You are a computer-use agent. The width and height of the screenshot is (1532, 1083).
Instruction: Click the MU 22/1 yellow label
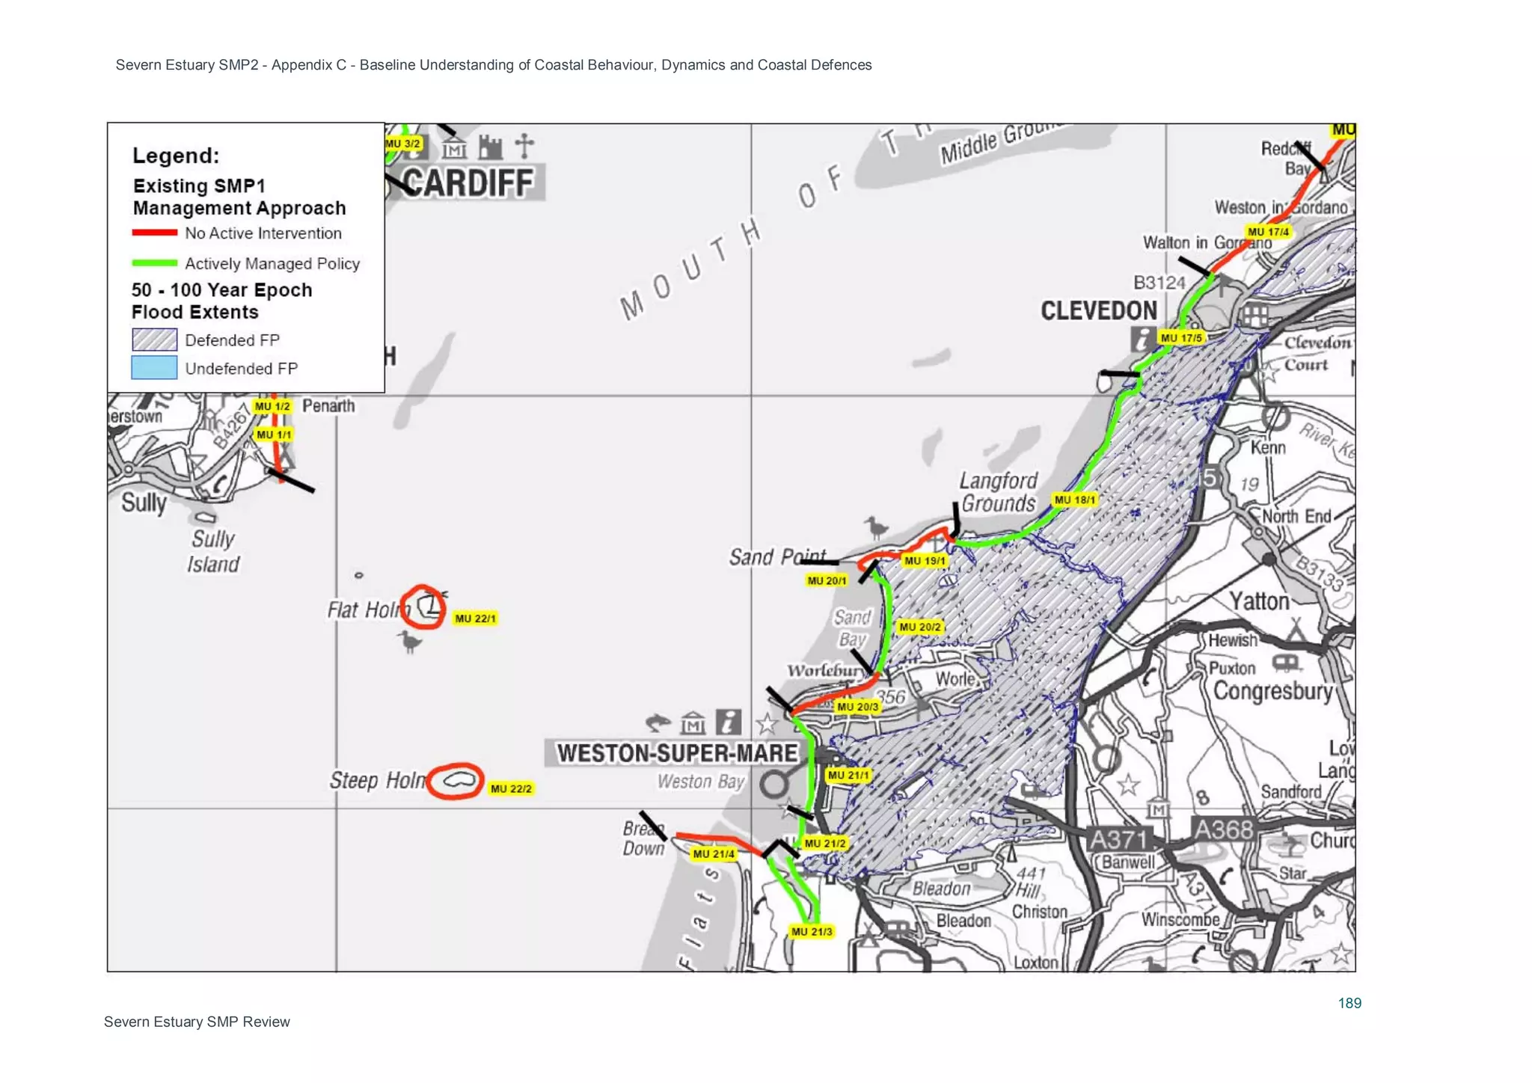point(475,619)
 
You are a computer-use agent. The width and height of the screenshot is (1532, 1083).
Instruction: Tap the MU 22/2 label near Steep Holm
point(511,788)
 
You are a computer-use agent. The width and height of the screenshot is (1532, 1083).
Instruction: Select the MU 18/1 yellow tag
point(1074,500)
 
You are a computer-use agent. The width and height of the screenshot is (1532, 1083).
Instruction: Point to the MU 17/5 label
point(1181,338)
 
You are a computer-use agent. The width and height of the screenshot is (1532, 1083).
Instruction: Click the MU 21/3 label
point(812,932)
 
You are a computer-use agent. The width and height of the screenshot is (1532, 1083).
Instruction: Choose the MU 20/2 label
point(920,627)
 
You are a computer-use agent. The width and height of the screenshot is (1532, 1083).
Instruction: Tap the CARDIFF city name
point(469,183)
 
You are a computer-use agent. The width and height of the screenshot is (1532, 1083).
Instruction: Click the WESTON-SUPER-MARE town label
point(677,753)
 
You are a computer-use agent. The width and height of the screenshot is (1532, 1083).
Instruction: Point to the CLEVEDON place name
point(1099,310)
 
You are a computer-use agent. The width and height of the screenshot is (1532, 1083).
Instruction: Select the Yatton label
point(1260,601)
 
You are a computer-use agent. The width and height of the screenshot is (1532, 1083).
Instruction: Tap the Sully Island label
point(213,551)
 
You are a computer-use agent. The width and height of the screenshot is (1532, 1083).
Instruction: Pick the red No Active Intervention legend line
point(154,233)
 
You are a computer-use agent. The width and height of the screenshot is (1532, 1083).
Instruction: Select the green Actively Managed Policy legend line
point(154,263)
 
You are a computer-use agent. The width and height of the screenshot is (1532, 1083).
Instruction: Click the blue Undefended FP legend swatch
point(154,368)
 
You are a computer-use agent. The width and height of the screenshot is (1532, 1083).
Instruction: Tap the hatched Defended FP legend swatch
point(154,340)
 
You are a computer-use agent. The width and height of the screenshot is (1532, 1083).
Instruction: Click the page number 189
point(1349,1003)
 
